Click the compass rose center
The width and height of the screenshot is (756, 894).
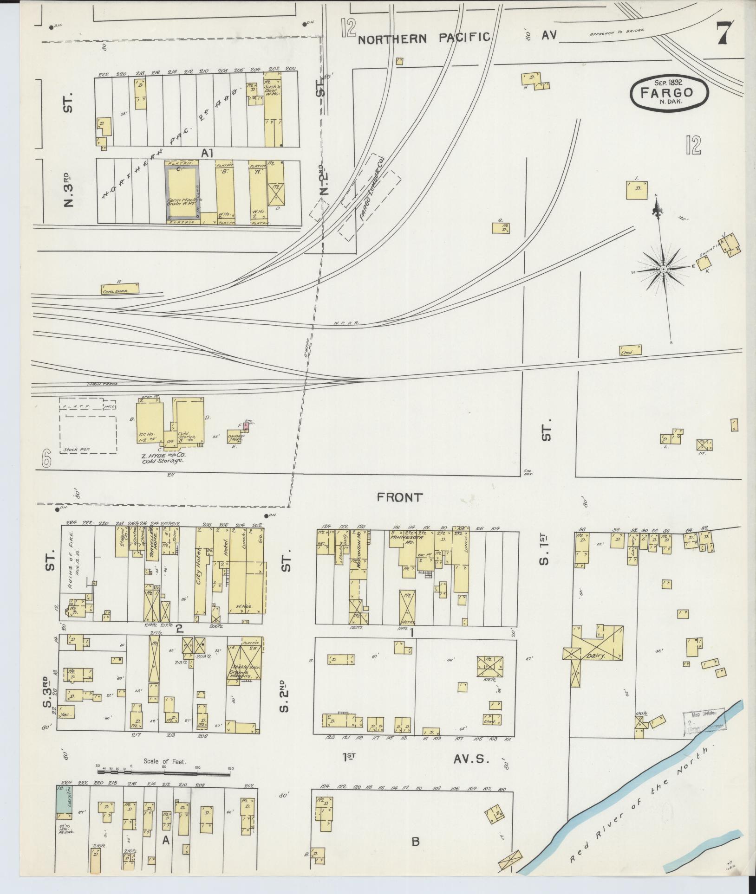(x=664, y=269)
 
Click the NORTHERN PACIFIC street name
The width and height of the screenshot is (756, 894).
(x=424, y=38)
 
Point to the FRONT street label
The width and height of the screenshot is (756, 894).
(x=400, y=498)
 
